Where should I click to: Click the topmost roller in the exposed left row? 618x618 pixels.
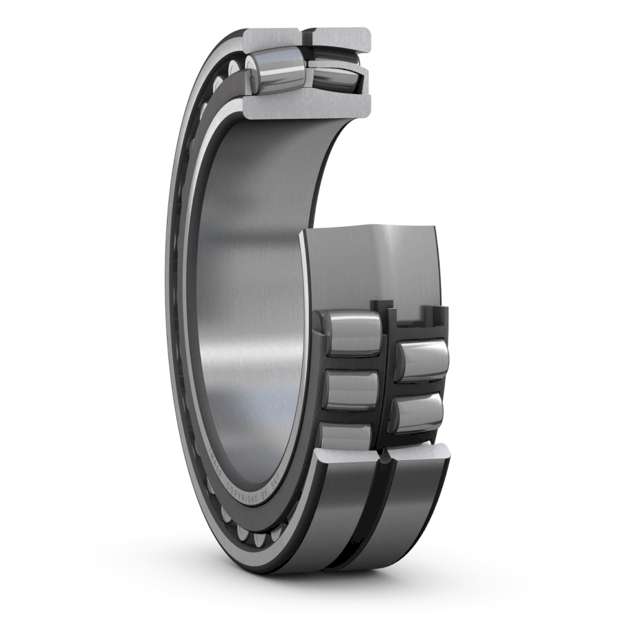352,333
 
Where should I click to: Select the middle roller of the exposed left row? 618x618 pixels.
351,388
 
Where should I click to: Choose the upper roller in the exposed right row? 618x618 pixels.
421,360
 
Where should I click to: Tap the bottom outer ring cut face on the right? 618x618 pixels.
419,452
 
